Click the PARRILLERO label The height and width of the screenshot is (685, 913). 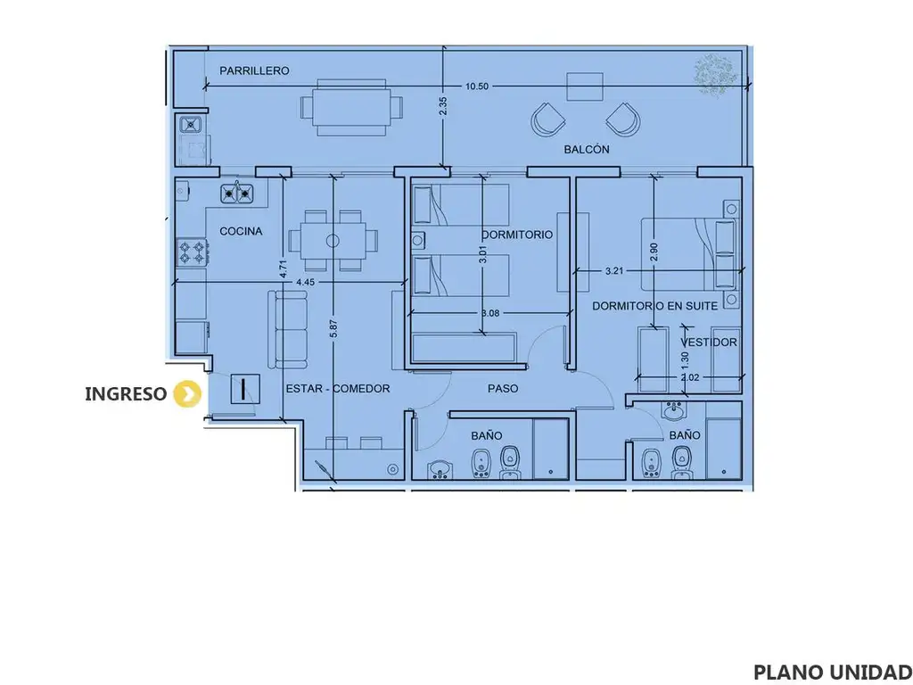254,71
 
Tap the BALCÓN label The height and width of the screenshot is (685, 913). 587,149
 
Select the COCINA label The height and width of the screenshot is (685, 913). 241,231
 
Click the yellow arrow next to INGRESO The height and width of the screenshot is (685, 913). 187,393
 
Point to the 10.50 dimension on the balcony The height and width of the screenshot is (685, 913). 477,87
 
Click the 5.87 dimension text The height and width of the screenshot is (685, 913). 333,328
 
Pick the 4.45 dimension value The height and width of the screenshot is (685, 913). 305,282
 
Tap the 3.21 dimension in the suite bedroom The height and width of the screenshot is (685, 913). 614,270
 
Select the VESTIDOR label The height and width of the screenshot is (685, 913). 709,342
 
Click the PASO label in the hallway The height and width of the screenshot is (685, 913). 503,389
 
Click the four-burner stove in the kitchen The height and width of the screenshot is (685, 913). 193,252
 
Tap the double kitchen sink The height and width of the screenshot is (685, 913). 237,193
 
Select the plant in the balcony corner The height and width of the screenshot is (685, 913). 715,74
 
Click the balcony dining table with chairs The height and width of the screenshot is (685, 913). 351,108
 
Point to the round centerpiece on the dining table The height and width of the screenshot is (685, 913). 333,240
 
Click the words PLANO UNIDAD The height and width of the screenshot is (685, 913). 833,672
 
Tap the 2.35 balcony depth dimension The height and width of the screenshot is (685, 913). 443,106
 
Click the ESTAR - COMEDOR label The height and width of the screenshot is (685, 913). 338,389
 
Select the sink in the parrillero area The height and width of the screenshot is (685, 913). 191,123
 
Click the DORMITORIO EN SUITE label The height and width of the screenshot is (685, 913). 654,306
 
